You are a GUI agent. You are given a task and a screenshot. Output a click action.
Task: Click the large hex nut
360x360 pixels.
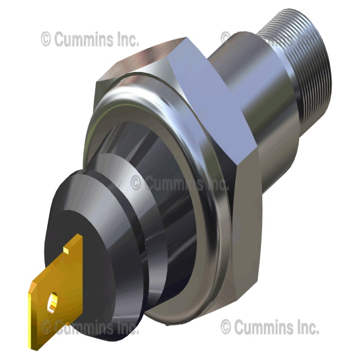(x=225, y=112)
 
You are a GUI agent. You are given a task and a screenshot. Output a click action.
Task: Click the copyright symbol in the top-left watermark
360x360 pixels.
(x=47, y=39)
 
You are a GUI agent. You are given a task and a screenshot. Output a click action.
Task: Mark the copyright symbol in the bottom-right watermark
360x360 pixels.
(x=226, y=327)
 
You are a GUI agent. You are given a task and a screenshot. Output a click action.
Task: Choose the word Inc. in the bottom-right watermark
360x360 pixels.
(x=304, y=327)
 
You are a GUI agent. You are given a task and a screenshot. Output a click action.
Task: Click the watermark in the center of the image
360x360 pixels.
(x=180, y=183)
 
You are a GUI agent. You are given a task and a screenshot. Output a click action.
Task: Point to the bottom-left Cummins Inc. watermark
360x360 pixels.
(x=84, y=327)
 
